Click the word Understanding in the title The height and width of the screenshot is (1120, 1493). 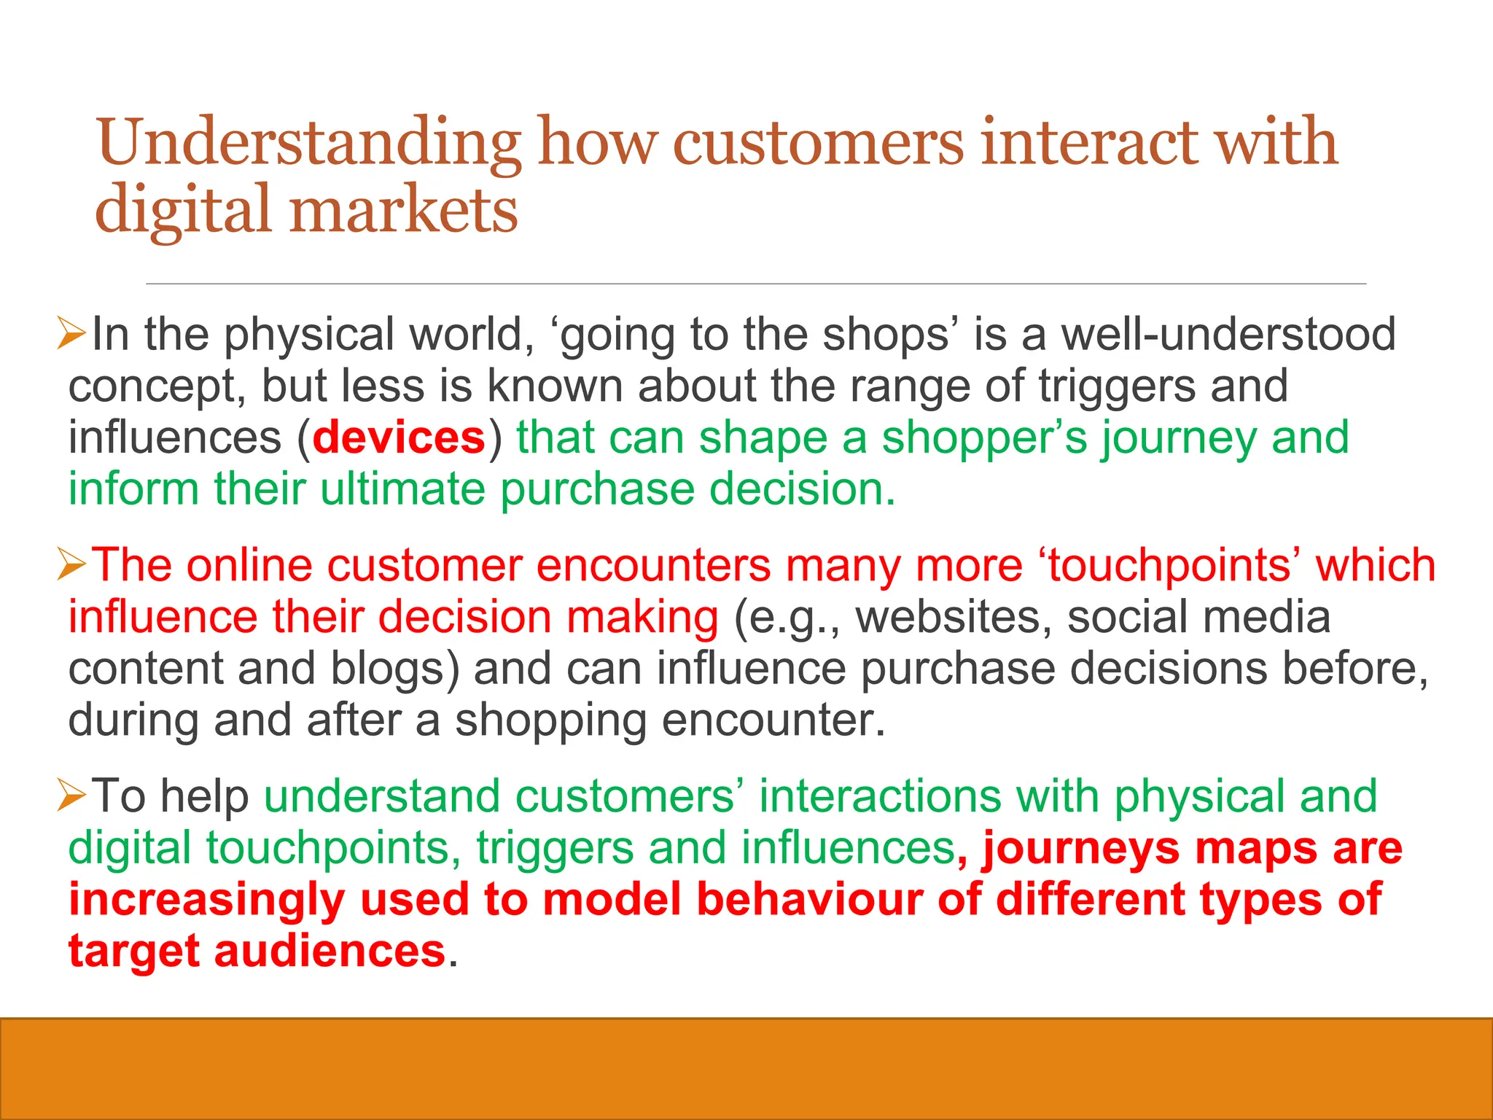click(x=309, y=144)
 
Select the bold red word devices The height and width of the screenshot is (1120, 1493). click(x=399, y=437)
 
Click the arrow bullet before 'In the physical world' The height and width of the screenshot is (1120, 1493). click(x=71, y=335)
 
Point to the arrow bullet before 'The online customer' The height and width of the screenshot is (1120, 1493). click(x=71, y=566)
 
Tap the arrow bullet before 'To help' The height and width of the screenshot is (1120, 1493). click(x=71, y=796)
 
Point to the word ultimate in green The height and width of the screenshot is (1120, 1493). click(x=402, y=489)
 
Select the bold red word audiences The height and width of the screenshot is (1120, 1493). click(x=330, y=952)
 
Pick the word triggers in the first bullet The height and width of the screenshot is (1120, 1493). click(x=1117, y=386)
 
